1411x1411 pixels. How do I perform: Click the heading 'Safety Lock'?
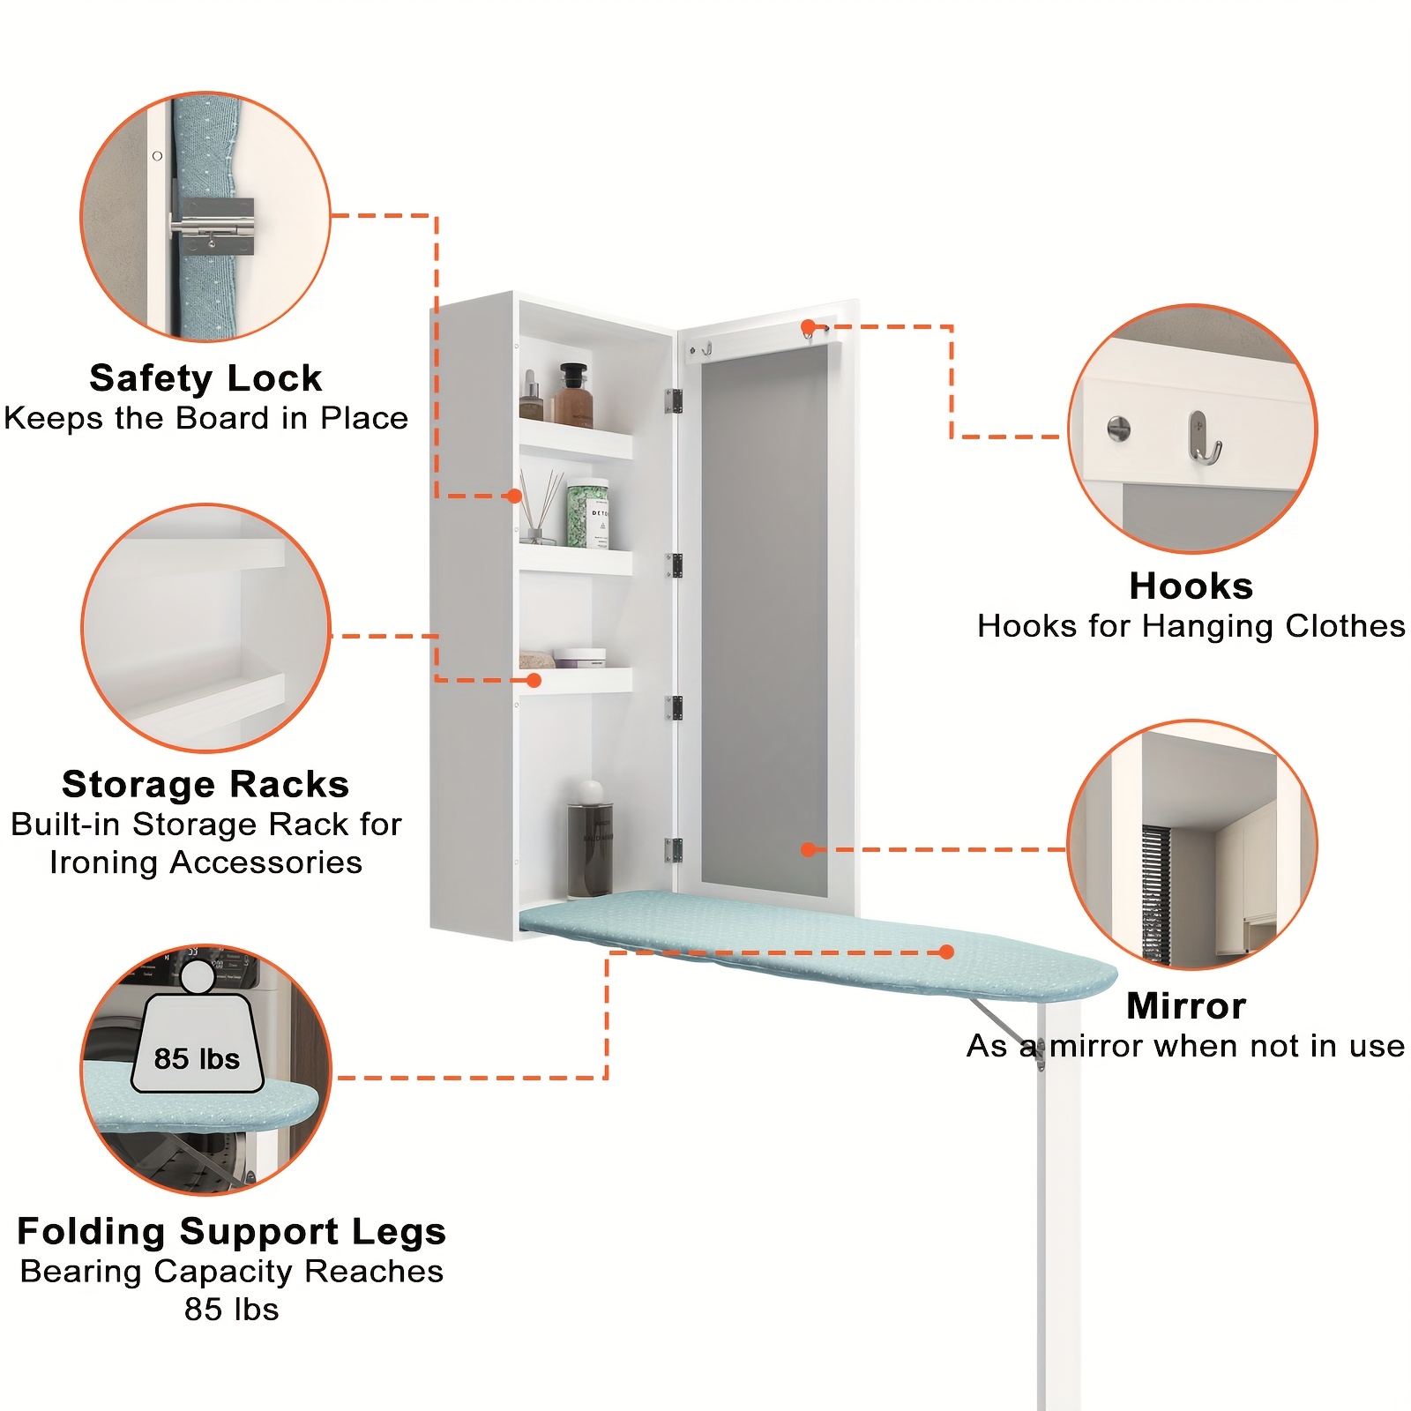(205, 378)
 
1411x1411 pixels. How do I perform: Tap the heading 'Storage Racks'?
(205, 784)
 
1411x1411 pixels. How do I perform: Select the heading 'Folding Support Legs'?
(231, 1231)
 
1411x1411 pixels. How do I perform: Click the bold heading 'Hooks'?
(1191, 586)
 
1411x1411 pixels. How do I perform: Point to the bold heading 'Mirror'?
(1186, 1006)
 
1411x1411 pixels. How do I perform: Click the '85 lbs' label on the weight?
(197, 1058)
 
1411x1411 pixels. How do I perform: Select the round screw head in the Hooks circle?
(1118, 429)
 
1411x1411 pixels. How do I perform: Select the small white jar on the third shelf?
(579, 658)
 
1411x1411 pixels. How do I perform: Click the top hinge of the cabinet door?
(674, 401)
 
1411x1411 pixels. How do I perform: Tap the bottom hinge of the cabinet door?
(674, 850)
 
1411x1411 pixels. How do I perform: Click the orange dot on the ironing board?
(946, 952)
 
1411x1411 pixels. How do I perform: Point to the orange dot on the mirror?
(808, 849)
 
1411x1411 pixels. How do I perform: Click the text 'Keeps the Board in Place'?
(205, 418)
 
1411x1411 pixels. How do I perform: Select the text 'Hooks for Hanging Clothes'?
(1191, 626)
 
